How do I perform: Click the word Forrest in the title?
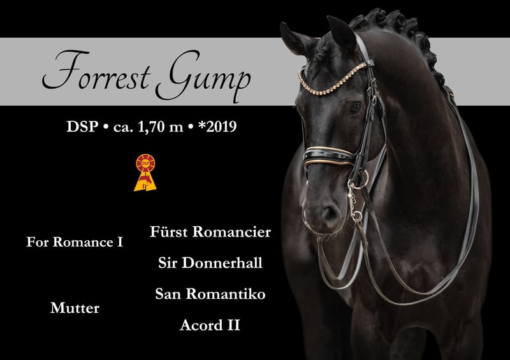[97, 71]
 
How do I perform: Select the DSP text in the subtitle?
[82, 127]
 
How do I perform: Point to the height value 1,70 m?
[161, 127]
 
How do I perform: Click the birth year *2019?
[217, 127]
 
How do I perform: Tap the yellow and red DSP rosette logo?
[145, 173]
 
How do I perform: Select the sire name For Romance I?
[75, 242]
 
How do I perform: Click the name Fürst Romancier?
[210, 232]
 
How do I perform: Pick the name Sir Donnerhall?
[210, 263]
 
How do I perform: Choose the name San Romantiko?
[210, 294]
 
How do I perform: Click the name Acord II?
[210, 325]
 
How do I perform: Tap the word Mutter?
[75, 308]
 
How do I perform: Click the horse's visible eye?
[355, 108]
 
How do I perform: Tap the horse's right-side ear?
[342, 33]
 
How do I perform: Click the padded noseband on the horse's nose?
[328, 156]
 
